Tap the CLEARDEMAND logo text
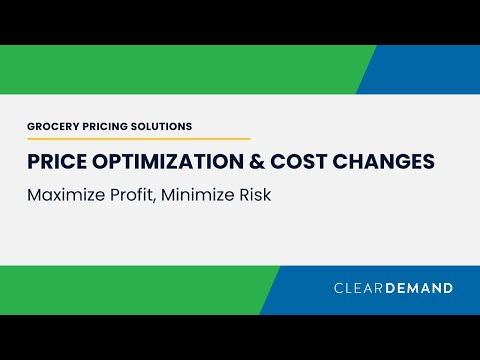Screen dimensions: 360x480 393,288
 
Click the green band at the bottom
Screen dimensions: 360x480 130,290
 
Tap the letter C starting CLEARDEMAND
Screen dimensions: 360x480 338,288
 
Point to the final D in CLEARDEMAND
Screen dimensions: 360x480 447,288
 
